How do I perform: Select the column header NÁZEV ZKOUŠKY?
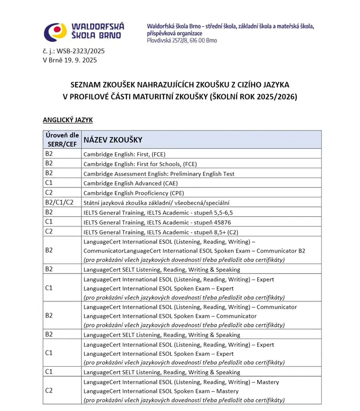[113, 140]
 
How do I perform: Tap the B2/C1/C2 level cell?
[60, 203]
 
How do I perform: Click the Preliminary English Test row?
[159, 174]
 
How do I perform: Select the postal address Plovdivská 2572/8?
[182, 41]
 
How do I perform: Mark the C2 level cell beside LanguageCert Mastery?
[49, 391]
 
